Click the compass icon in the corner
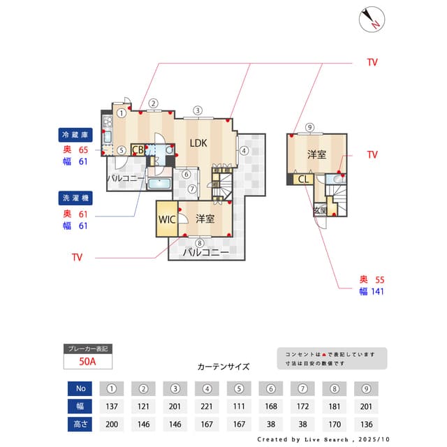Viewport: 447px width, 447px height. point(372,20)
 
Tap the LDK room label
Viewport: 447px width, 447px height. point(198,143)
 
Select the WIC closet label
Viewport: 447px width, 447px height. point(167,219)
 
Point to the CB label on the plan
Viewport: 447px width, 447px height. point(138,149)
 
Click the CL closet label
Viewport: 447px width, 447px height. point(304,179)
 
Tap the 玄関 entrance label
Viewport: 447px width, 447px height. point(321,210)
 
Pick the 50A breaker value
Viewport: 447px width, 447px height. point(87,362)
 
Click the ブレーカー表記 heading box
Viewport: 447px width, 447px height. point(87,349)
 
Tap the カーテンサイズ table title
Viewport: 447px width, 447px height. point(223,366)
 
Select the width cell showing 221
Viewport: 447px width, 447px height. point(207,406)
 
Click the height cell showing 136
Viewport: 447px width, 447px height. point(366,424)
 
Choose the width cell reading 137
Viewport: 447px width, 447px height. point(111,406)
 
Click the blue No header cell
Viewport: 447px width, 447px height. point(80,388)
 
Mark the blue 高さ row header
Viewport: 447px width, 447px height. point(80,424)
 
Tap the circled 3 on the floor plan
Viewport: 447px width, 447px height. point(198,110)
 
